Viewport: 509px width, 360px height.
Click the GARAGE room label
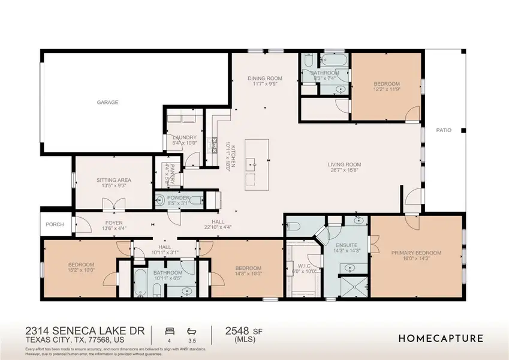coord(108,103)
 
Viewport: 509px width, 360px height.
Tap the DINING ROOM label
coord(265,79)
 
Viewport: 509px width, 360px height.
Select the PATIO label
coord(443,130)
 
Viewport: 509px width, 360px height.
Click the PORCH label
coord(56,225)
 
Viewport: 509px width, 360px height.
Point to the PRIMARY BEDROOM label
coord(416,253)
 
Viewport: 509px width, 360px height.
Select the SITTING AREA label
coord(114,180)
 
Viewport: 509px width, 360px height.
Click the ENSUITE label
coord(346,245)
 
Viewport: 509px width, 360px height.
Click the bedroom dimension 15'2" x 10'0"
coord(81,271)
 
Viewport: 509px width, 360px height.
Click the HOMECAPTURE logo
coord(441,338)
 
